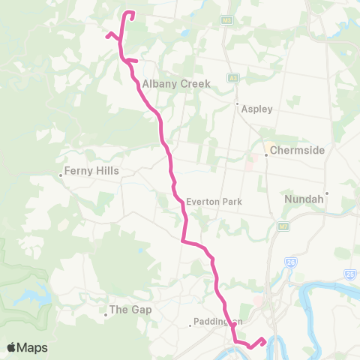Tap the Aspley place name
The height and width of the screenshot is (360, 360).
(x=257, y=109)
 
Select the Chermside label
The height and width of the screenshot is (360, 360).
(x=297, y=150)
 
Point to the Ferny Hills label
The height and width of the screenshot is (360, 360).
(x=92, y=170)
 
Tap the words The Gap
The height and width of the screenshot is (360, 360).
(x=131, y=309)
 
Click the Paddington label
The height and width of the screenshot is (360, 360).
(x=217, y=323)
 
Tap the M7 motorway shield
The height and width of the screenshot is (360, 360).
(x=283, y=226)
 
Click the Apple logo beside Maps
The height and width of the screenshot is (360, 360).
(x=12, y=347)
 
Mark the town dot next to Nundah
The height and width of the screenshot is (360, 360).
(x=327, y=193)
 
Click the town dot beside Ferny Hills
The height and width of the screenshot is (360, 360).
(x=61, y=176)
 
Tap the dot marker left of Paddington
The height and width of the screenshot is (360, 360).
(x=190, y=325)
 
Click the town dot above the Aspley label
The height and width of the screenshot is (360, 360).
(x=237, y=103)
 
